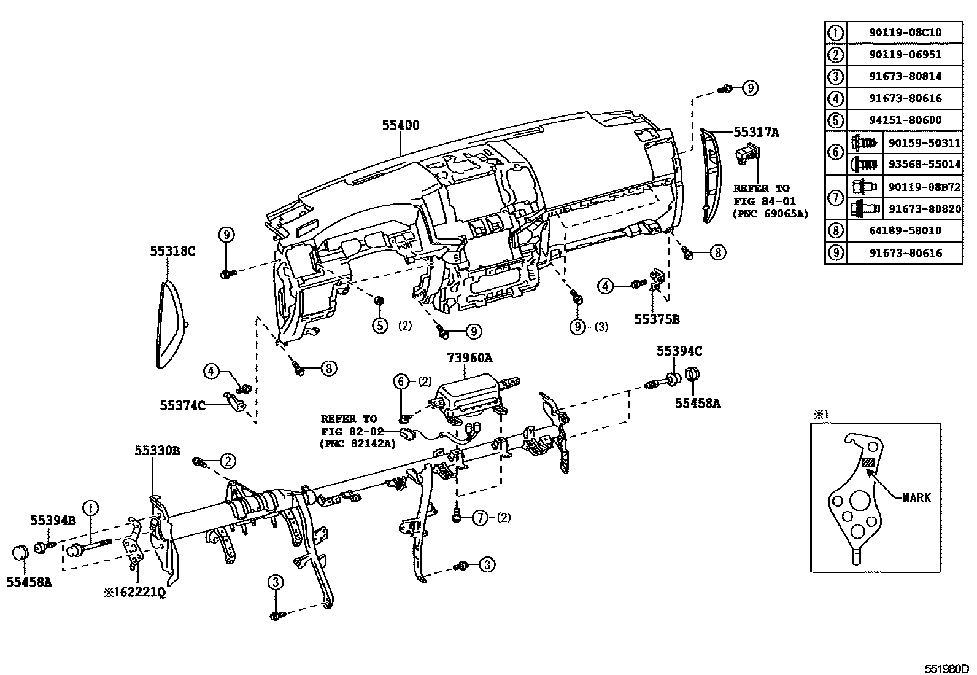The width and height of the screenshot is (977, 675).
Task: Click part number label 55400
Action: coord(400,125)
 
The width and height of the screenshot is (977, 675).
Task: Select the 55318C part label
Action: coord(173,251)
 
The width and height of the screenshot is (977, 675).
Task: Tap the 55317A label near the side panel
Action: coord(756,131)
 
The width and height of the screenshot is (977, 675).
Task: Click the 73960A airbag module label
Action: coord(470,357)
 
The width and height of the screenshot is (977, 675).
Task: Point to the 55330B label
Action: coord(157,451)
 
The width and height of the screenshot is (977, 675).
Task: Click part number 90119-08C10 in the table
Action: coord(905,32)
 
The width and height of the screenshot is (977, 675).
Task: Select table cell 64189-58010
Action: coord(905,230)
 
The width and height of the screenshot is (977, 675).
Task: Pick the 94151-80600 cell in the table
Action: coord(905,120)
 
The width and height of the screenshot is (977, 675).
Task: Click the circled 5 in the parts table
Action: coord(835,120)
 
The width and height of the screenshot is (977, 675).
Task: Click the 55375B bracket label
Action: coord(657,319)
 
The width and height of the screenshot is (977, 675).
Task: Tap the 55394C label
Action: coord(679,351)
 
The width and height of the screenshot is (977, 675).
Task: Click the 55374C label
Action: coord(183,405)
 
